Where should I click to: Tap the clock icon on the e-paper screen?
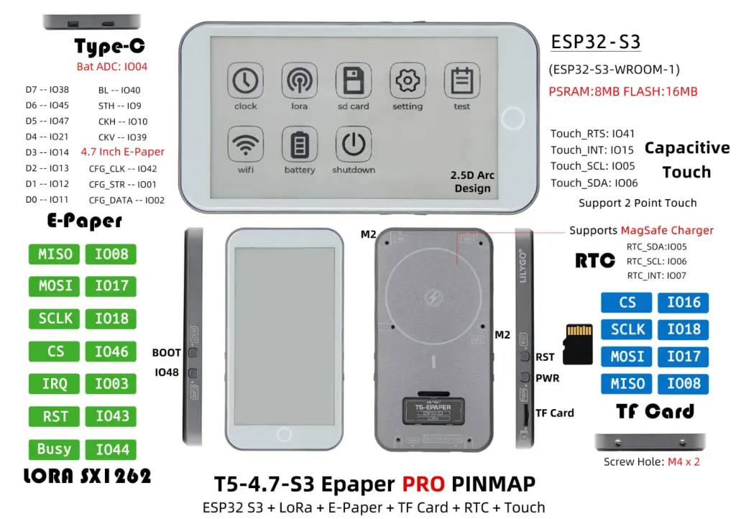(x=245, y=81)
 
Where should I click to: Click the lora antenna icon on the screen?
(x=299, y=81)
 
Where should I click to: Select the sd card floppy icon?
(x=353, y=81)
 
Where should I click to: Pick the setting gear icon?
(x=408, y=81)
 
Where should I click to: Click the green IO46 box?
(x=111, y=352)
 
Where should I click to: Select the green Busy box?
(x=55, y=449)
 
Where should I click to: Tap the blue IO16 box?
(x=683, y=303)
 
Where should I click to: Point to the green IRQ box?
(x=55, y=384)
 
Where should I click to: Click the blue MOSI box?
(x=627, y=357)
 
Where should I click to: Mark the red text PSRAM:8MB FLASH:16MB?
(x=622, y=91)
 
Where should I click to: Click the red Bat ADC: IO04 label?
(x=112, y=67)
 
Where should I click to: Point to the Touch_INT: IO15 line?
(x=592, y=150)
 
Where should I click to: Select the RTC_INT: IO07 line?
(x=656, y=275)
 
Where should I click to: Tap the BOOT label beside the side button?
(x=166, y=353)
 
